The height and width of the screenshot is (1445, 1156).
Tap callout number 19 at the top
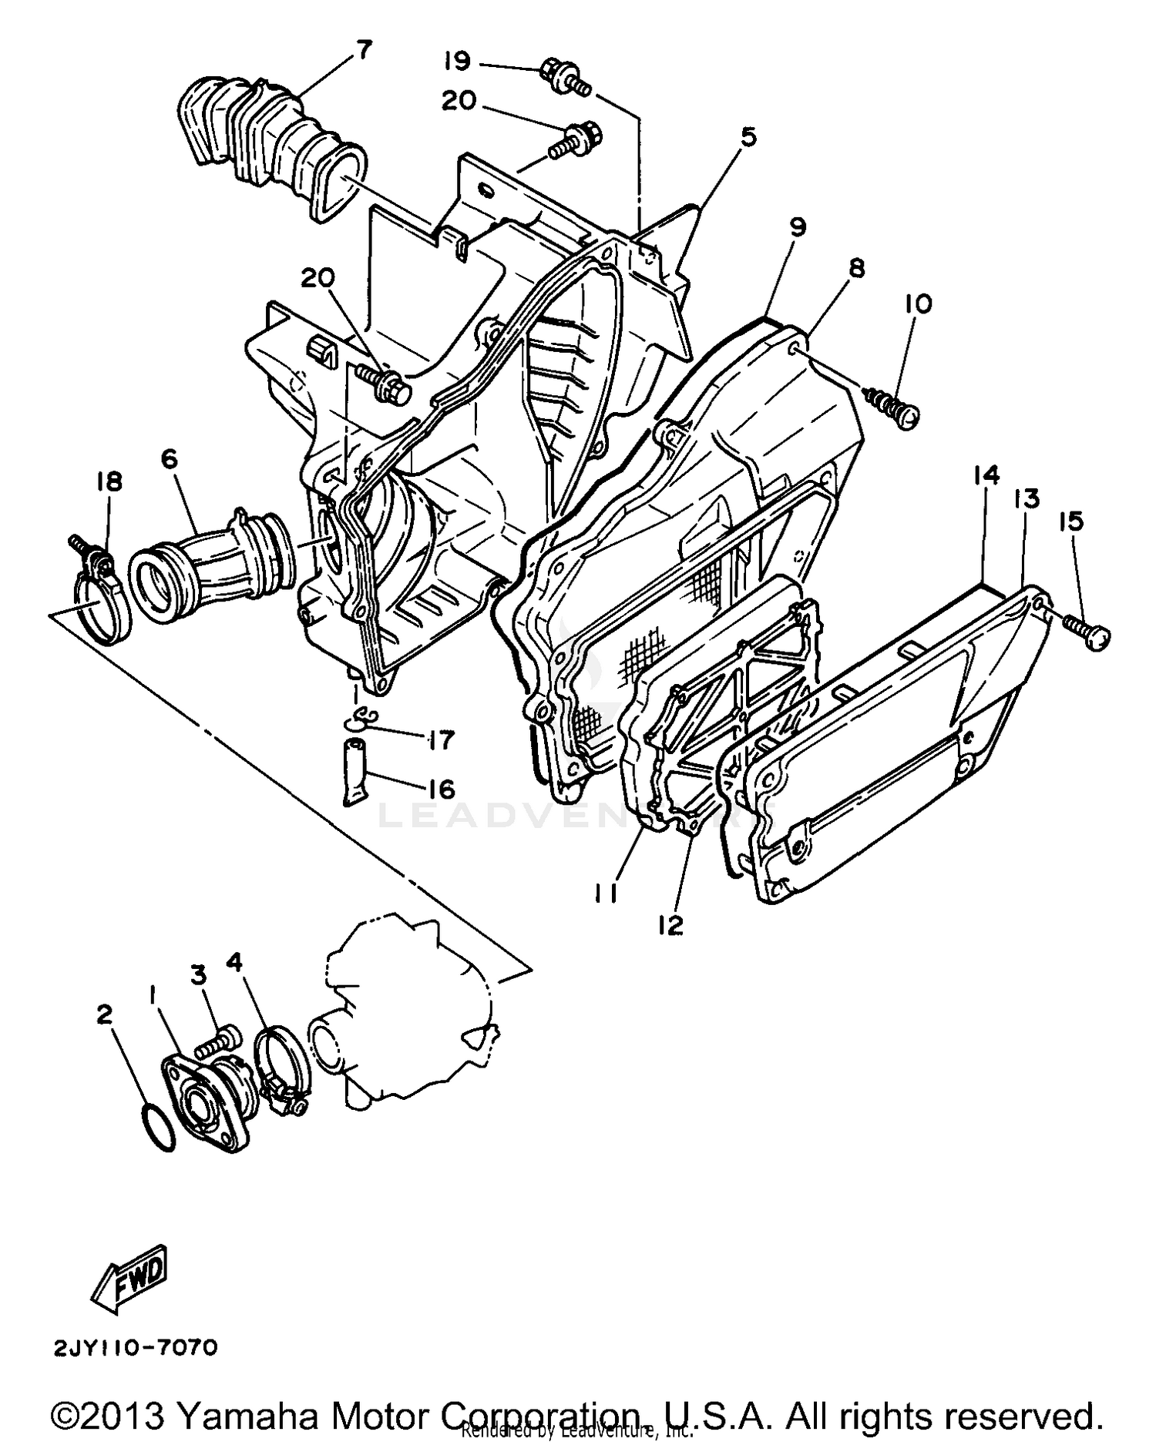tap(457, 61)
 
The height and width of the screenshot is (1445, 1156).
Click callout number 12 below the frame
tap(670, 925)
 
